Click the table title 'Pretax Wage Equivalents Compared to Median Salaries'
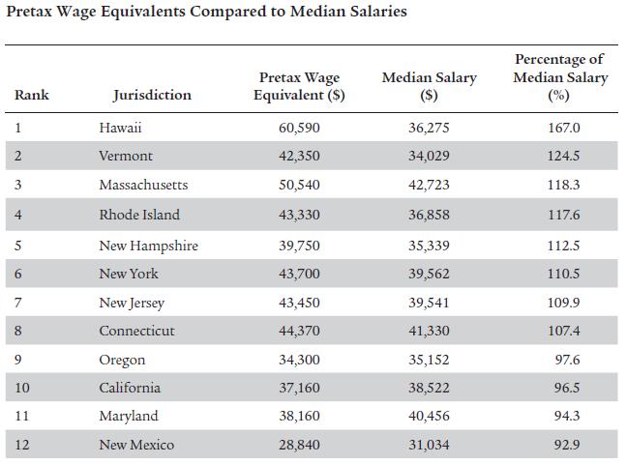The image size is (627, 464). pyautogui.click(x=206, y=13)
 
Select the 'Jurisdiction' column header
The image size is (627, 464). pyautogui.click(x=152, y=95)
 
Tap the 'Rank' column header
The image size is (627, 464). pyautogui.click(x=32, y=95)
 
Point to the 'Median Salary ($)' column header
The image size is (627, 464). pyautogui.click(x=430, y=86)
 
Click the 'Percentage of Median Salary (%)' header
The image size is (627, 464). pyautogui.click(x=560, y=77)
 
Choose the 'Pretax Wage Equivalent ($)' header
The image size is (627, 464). pyautogui.click(x=300, y=86)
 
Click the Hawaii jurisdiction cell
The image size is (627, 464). pyautogui.click(x=121, y=128)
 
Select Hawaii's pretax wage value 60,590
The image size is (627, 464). pyautogui.click(x=299, y=128)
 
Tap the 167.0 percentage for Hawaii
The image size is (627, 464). pyautogui.click(x=563, y=128)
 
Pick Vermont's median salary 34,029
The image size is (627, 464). pyautogui.click(x=429, y=156)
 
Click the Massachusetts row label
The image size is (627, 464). pyautogui.click(x=143, y=185)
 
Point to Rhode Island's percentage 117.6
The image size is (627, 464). pyautogui.click(x=563, y=215)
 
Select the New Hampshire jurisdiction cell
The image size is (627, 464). pyautogui.click(x=148, y=246)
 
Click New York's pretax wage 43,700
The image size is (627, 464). pyautogui.click(x=299, y=275)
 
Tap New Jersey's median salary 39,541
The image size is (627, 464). pyautogui.click(x=429, y=304)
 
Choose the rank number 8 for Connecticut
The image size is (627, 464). pyautogui.click(x=18, y=331)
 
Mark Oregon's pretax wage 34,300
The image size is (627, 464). pyautogui.click(x=299, y=360)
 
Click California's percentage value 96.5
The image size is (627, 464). pyautogui.click(x=563, y=388)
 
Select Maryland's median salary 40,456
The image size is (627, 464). pyautogui.click(x=429, y=416)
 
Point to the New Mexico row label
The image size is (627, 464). pyautogui.click(x=136, y=445)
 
